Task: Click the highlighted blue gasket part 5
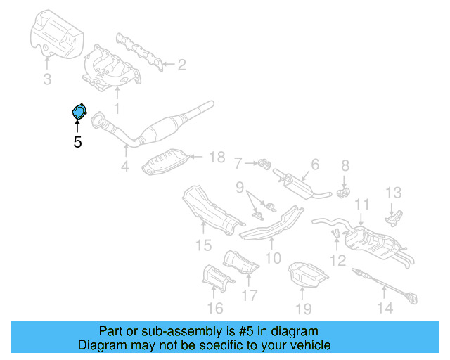click(79, 111)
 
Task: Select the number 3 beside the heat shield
click(47, 80)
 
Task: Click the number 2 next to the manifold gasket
click(181, 65)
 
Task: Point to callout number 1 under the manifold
click(117, 108)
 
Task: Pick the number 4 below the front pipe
click(124, 167)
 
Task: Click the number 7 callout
click(238, 165)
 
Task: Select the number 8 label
click(345, 166)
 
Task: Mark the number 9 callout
click(239, 188)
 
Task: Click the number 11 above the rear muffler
click(361, 205)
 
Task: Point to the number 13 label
click(392, 193)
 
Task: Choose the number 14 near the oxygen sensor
click(385, 307)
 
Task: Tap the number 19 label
click(302, 308)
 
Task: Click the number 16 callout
click(215, 308)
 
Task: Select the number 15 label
click(203, 245)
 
